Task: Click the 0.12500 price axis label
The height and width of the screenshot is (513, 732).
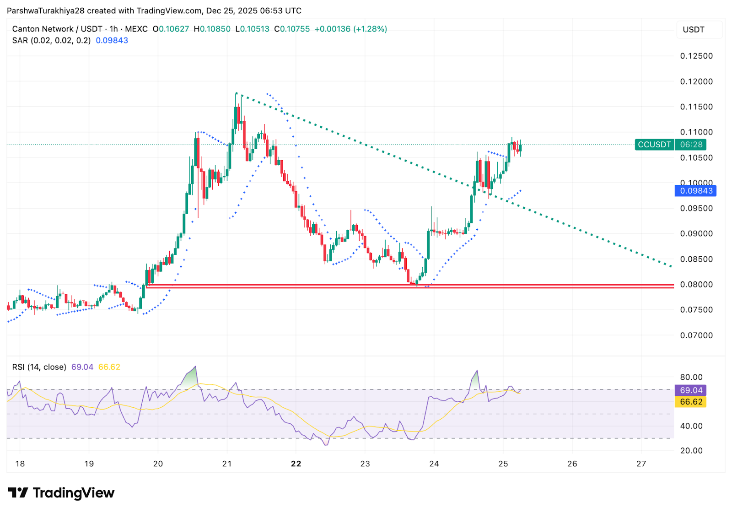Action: click(x=696, y=56)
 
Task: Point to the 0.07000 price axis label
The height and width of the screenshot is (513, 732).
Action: click(x=696, y=335)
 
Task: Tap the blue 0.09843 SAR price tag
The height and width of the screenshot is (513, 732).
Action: click(x=695, y=191)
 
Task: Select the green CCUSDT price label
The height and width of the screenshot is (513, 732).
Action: click(x=654, y=145)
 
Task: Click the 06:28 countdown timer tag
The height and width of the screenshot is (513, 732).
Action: click(x=691, y=145)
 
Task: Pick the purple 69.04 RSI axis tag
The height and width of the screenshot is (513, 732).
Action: click(x=690, y=390)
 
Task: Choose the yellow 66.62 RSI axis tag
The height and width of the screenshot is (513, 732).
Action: click(x=690, y=402)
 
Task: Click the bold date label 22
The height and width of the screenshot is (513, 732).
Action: click(x=296, y=464)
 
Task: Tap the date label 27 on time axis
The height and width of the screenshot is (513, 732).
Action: click(x=641, y=464)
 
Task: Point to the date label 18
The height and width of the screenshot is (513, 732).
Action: click(x=20, y=464)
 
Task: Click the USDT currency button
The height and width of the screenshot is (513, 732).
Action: click(x=694, y=30)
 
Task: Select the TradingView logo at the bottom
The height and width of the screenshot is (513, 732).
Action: click(x=61, y=493)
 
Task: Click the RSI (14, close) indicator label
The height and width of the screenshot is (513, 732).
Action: click(x=39, y=367)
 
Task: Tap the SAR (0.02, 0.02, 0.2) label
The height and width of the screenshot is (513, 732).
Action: click(x=51, y=40)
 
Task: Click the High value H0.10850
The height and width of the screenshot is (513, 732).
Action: click(x=212, y=29)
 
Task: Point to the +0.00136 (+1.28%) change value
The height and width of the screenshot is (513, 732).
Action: click(x=350, y=29)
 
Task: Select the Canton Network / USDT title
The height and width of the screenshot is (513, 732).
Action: click(x=57, y=29)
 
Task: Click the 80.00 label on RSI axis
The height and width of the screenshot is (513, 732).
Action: click(x=691, y=377)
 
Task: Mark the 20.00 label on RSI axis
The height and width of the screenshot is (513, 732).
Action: click(x=691, y=450)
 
